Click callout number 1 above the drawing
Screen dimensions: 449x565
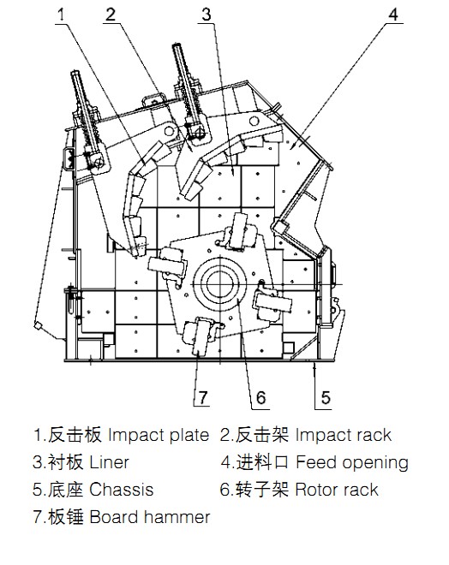pyautogui.click(x=62, y=15)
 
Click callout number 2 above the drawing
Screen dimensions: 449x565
pyautogui.click(x=111, y=15)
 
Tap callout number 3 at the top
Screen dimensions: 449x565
pyautogui.click(x=207, y=15)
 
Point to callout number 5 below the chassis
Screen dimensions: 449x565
pyautogui.click(x=326, y=398)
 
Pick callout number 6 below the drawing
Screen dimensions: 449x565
pyautogui.click(x=260, y=398)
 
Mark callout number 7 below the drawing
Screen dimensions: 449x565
pyautogui.click(x=203, y=398)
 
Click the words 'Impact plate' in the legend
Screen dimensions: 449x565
pyautogui.click(x=159, y=435)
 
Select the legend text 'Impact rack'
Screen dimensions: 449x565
pyautogui.click(x=344, y=435)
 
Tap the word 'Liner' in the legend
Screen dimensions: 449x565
pyautogui.click(x=109, y=462)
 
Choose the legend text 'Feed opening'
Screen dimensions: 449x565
pyautogui.click(x=352, y=462)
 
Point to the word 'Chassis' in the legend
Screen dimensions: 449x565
pyautogui.click(x=121, y=490)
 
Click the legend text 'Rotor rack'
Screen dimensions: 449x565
pyautogui.click(x=337, y=490)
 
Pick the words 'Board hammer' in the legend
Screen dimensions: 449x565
pyautogui.click(x=150, y=517)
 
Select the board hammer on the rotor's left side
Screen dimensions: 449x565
pyautogui.click(x=167, y=265)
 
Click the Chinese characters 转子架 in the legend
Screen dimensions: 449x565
pyautogui.click(x=262, y=490)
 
